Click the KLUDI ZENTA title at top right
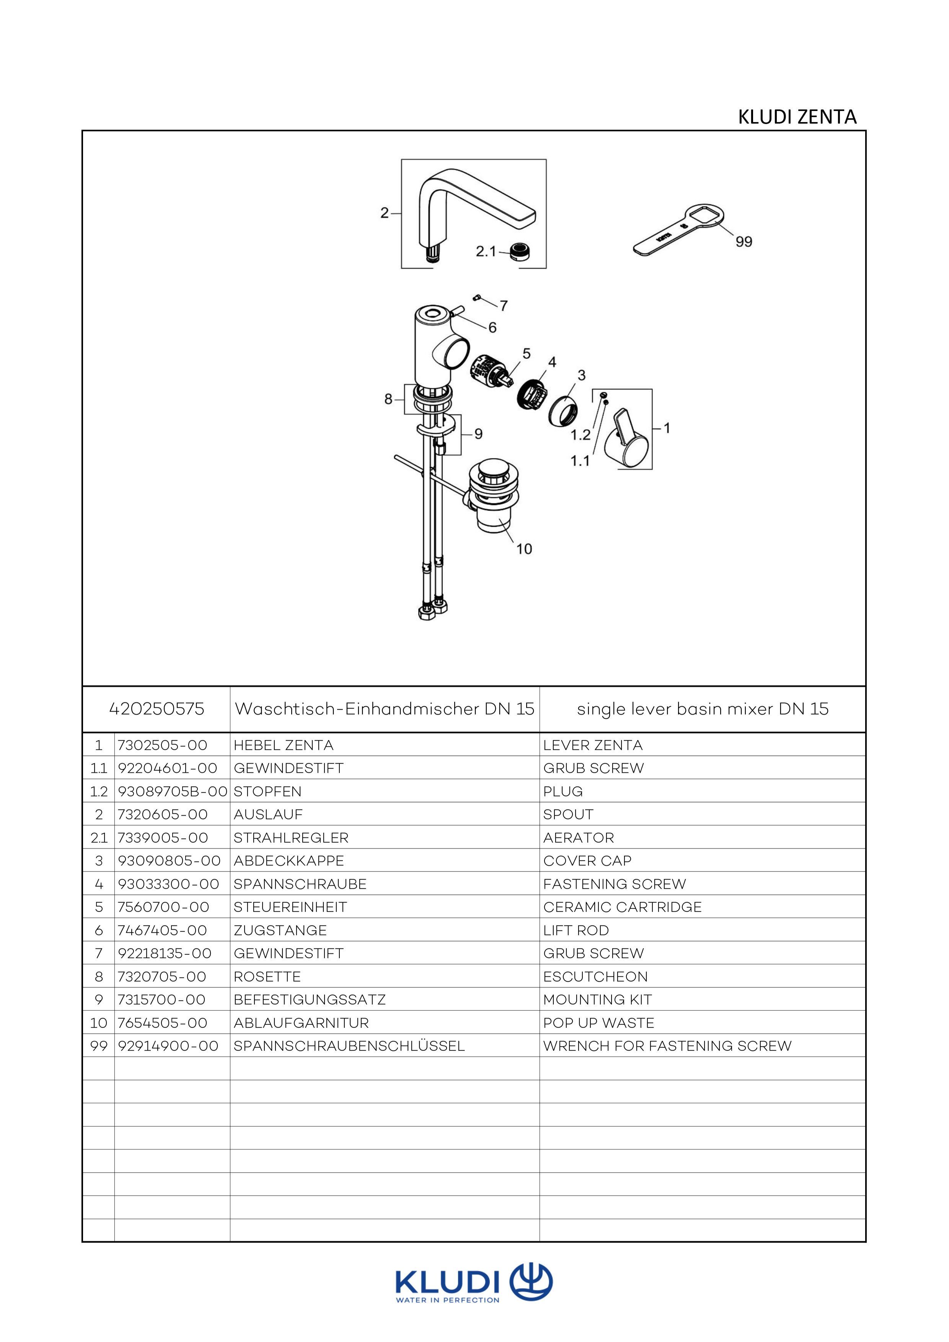797,117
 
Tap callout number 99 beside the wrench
744,241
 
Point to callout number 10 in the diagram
524,549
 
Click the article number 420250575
157,709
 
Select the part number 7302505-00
163,745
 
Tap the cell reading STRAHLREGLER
290,837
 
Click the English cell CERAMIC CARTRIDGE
622,907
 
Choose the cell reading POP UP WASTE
599,1023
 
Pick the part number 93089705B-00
173,792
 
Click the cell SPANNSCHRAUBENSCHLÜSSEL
349,1046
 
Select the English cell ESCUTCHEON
595,977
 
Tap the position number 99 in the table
99,1046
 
